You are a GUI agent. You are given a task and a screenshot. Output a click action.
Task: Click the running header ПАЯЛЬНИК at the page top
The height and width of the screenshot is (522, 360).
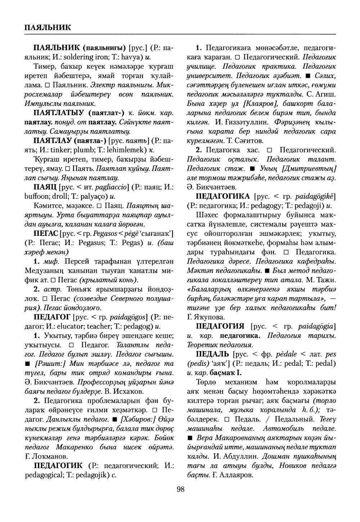[48, 27]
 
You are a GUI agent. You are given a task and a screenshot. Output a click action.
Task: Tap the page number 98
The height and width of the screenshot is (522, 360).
[181, 488]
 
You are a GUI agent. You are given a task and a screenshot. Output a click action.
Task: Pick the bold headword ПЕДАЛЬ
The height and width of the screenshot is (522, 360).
[212, 354]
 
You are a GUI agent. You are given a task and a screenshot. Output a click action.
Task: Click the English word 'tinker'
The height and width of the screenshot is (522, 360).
[67, 150]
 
